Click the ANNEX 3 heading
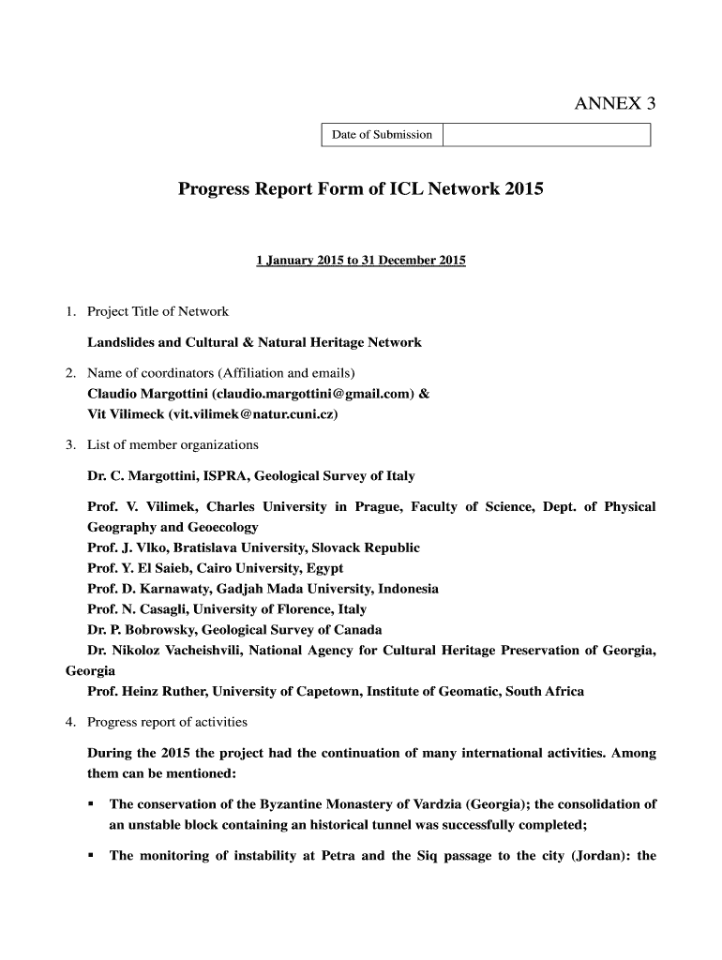pos(614,104)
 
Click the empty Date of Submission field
pos(546,135)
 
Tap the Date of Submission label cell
pos(382,135)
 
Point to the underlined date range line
pos(361,260)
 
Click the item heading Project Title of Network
pos(158,311)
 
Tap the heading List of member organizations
pos(173,444)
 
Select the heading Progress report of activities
pos(167,722)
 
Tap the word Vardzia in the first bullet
pos(430,804)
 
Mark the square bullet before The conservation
pos(91,804)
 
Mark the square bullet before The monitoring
pos(91,856)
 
